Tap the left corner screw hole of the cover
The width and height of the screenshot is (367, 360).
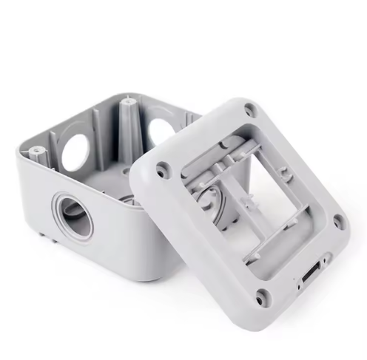click(x=161, y=169)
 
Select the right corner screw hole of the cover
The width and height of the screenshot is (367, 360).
click(x=338, y=218)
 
